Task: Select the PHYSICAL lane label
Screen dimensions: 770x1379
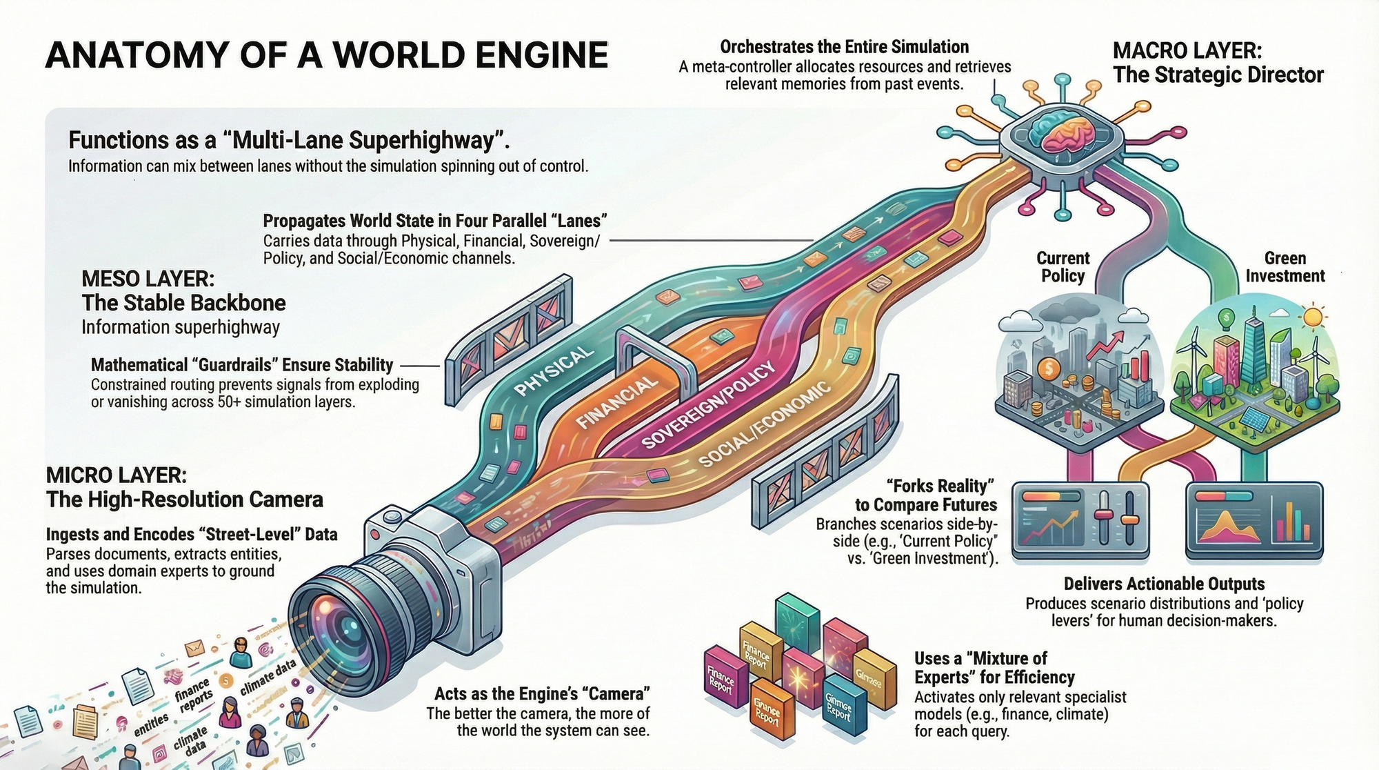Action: [x=554, y=371]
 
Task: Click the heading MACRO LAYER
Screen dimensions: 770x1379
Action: [x=1187, y=50]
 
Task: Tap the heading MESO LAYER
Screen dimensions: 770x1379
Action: [x=148, y=279]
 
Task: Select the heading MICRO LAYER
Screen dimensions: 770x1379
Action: [x=116, y=475]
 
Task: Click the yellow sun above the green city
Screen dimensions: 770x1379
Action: [x=1313, y=317]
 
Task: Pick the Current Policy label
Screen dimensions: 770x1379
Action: [x=1063, y=267]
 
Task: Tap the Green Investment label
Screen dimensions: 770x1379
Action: [x=1285, y=267]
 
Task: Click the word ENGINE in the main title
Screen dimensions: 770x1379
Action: [x=541, y=56]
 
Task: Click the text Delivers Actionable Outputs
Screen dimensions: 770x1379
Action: [x=1164, y=584]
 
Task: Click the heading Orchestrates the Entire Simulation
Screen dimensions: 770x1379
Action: [x=844, y=47]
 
